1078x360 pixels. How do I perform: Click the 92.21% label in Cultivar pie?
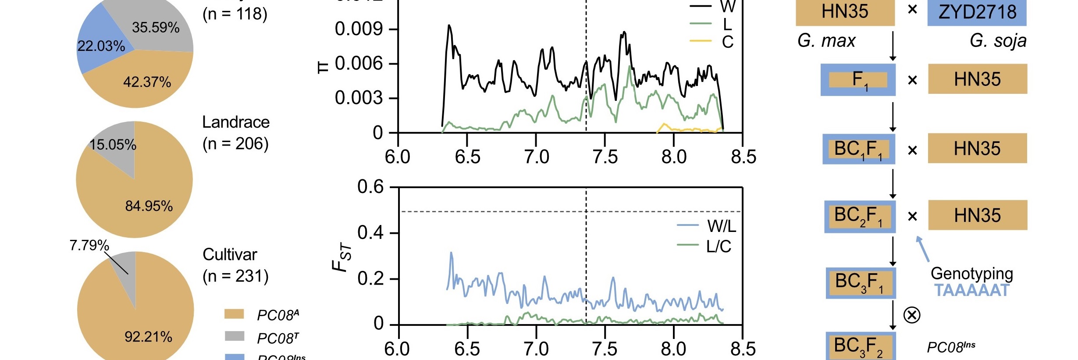(x=148, y=337)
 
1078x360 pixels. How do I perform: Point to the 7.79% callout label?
(x=89, y=245)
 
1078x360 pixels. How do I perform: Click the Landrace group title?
(x=236, y=122)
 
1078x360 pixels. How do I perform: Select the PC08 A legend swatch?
(x=234, y=314)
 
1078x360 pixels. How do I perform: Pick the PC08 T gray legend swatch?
(x=234, y=336)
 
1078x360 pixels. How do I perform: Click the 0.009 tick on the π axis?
(x=359, y=29)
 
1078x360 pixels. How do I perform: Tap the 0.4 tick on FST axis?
(x=370, y=232)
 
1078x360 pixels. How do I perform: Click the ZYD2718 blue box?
(x=977, y=12)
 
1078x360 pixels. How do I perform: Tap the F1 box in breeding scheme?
(x=858, y=80)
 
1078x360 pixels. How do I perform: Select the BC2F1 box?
(x=859, y=216)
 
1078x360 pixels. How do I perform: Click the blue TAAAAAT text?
(x=971, y=290)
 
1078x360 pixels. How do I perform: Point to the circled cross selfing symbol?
(x=912, y=315)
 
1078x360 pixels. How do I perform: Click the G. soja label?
(x=998, y=41)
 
